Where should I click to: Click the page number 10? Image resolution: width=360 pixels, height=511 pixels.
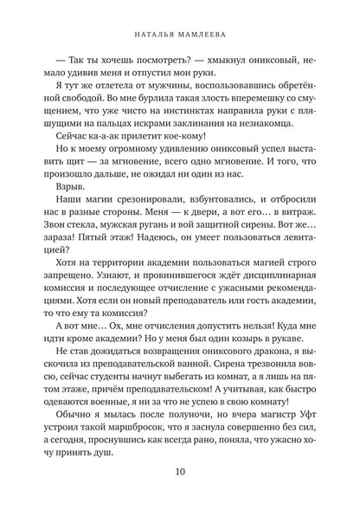(180, 473)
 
